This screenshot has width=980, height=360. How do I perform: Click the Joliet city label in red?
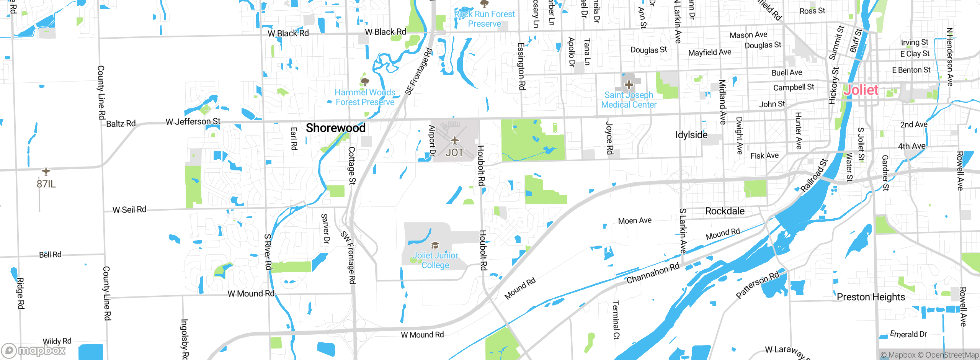[861, 90]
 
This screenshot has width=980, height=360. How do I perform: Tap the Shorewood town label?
[335, 128]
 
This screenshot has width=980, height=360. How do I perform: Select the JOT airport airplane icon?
[454, 141]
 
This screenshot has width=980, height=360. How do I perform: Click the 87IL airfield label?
[46, 184]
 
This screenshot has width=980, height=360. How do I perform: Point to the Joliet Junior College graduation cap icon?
[435, 245]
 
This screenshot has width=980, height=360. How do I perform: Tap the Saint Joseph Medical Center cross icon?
[629, 85]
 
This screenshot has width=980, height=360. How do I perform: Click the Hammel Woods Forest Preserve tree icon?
[365, 82]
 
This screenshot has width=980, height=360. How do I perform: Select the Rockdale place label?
[725, 211]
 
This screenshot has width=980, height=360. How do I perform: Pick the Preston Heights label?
[871, 297]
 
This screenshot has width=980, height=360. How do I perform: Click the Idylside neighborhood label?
[691, 135]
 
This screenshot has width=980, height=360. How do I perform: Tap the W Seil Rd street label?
[129, 210]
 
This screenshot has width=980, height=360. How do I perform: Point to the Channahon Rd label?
[653, 273]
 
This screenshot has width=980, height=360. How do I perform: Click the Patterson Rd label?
[757, 285]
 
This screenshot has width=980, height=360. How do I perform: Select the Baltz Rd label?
[121, 124]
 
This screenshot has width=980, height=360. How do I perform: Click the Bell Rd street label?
[50, 255]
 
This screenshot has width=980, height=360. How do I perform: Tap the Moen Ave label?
[635, 221]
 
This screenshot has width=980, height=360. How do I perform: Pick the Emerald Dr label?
[908, 334]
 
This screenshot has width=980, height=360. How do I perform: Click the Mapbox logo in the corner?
[34, 350]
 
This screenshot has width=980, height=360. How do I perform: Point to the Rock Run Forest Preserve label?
[484, 19]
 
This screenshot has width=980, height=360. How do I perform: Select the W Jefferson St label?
[193, 122]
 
